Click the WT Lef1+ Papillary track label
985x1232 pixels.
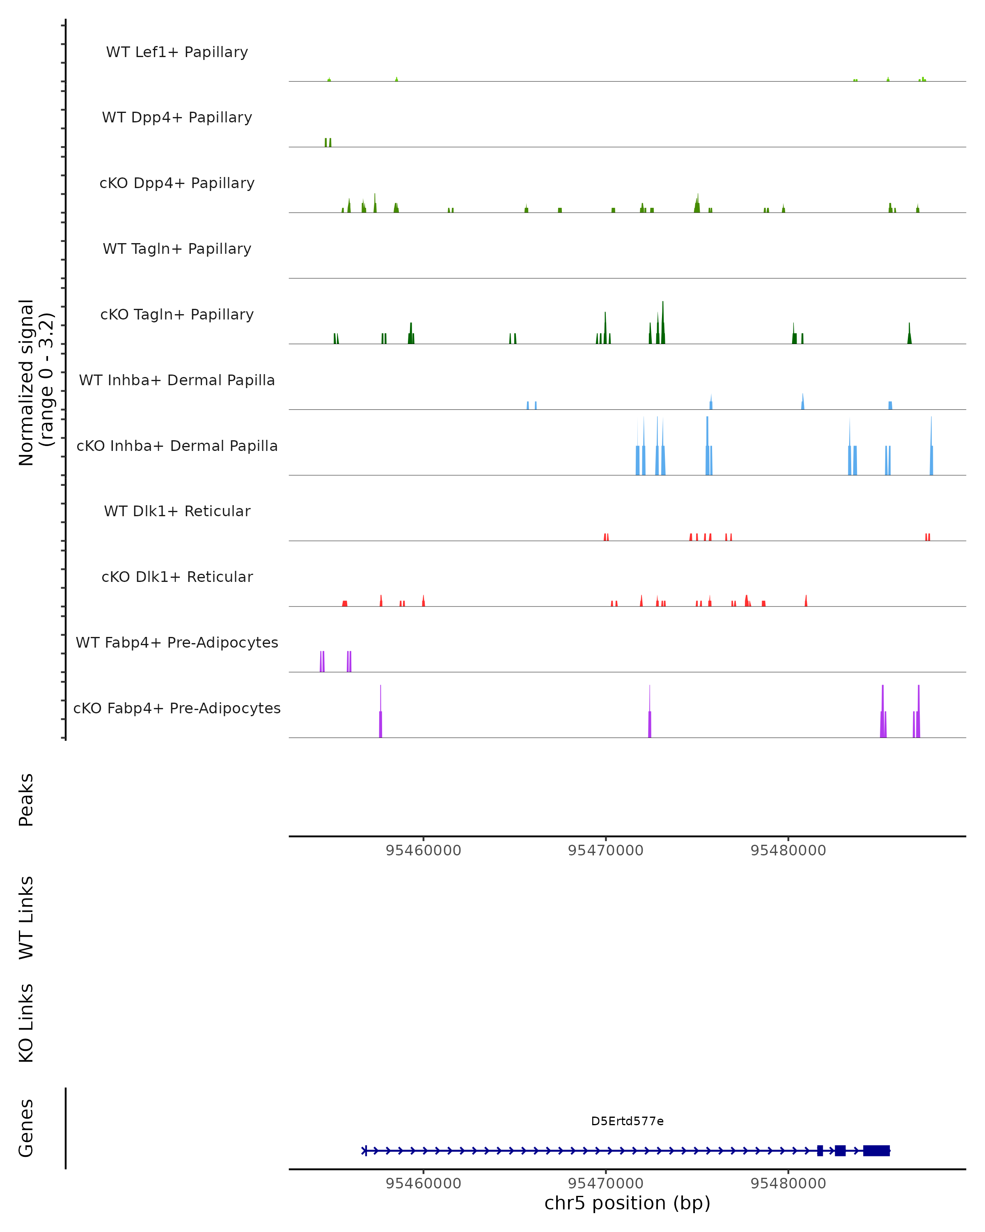[177, 52]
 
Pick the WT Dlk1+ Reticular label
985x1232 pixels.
[177, 511]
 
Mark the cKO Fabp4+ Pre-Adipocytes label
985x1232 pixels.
[177, 708]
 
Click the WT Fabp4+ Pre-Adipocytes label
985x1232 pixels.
[177, 642]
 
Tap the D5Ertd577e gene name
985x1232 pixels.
[627, 1121]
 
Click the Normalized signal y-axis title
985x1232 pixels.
[35, 382]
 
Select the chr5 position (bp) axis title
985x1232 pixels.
[627, 1203]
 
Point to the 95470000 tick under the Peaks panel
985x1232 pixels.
[605, 850]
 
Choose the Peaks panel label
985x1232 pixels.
[26, 800]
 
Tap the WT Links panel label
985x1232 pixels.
[26, 917]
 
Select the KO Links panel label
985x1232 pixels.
[26, 1023]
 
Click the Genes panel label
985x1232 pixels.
[26, 1128]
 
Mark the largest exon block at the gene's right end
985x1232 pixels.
[876, 1150]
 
